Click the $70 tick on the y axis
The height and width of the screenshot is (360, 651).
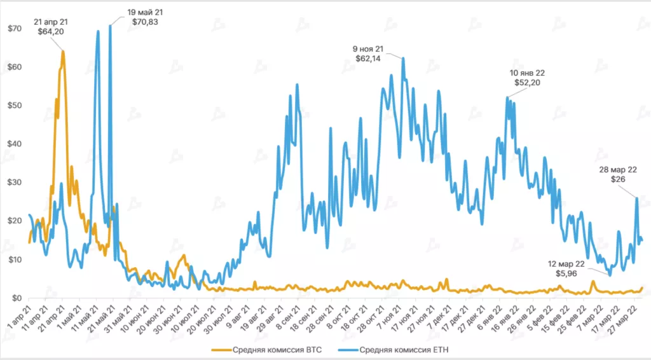click(x=15, y=28)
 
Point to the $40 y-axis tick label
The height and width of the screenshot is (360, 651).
click(x=15, y=144)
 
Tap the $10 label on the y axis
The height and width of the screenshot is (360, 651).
click(x=15, y=260)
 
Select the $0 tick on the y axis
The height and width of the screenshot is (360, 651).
click(x=17, y=298)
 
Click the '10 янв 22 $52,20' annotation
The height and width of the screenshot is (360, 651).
click(x=528, y=78)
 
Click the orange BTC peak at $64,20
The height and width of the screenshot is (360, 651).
click(x=63, y=51)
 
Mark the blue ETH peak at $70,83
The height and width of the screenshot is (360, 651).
click(x=110, y=25)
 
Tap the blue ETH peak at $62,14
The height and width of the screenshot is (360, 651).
click(x=403, y=59)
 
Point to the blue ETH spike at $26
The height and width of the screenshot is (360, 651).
click(x=636, y=198)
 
